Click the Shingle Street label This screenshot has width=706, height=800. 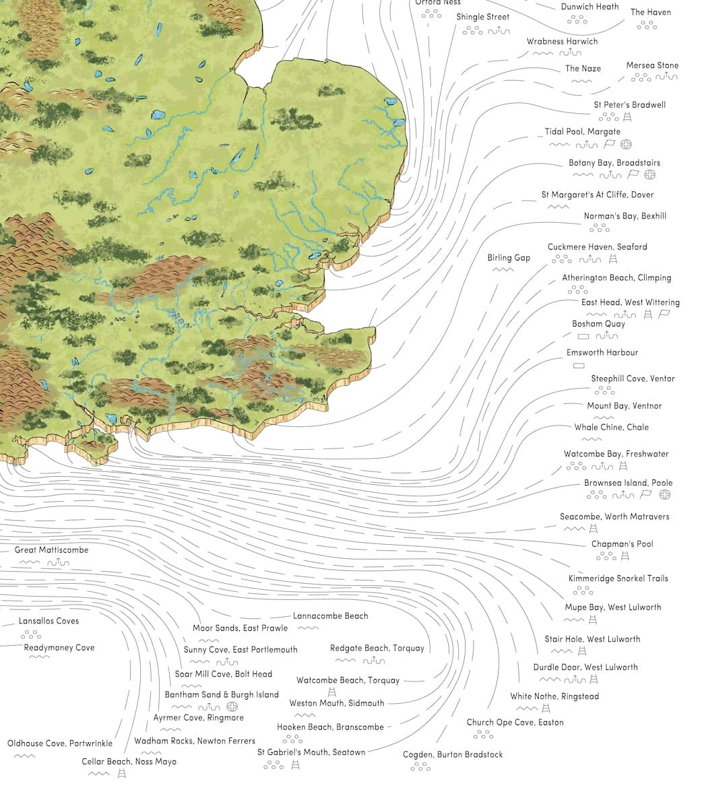(483, 17)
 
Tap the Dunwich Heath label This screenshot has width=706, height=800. (589, 7)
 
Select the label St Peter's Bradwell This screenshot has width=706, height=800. (629, 105)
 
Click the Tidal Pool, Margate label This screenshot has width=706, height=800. (582, 132)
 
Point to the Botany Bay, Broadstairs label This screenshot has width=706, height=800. (614, 163)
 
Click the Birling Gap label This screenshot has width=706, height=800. (509, 258)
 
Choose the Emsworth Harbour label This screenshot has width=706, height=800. (602, 352)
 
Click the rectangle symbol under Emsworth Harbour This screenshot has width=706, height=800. (578, 366)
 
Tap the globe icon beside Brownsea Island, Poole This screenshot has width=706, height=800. (665, 495)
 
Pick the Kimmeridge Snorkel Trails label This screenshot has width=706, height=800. (618, 578)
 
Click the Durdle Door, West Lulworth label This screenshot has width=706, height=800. (585, 667)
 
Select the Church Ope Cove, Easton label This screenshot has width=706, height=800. (515, 723)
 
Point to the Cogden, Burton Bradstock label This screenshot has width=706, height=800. (453, 755)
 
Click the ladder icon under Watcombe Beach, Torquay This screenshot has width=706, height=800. (331, 692)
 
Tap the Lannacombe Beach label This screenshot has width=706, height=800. (330, 616)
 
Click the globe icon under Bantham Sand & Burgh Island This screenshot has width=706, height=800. (232, 706)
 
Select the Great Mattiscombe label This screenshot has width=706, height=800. (51, 550)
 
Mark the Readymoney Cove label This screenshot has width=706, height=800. (59, 648)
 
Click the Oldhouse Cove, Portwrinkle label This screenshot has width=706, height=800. (60, 744)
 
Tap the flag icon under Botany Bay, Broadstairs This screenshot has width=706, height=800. (632, 174)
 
